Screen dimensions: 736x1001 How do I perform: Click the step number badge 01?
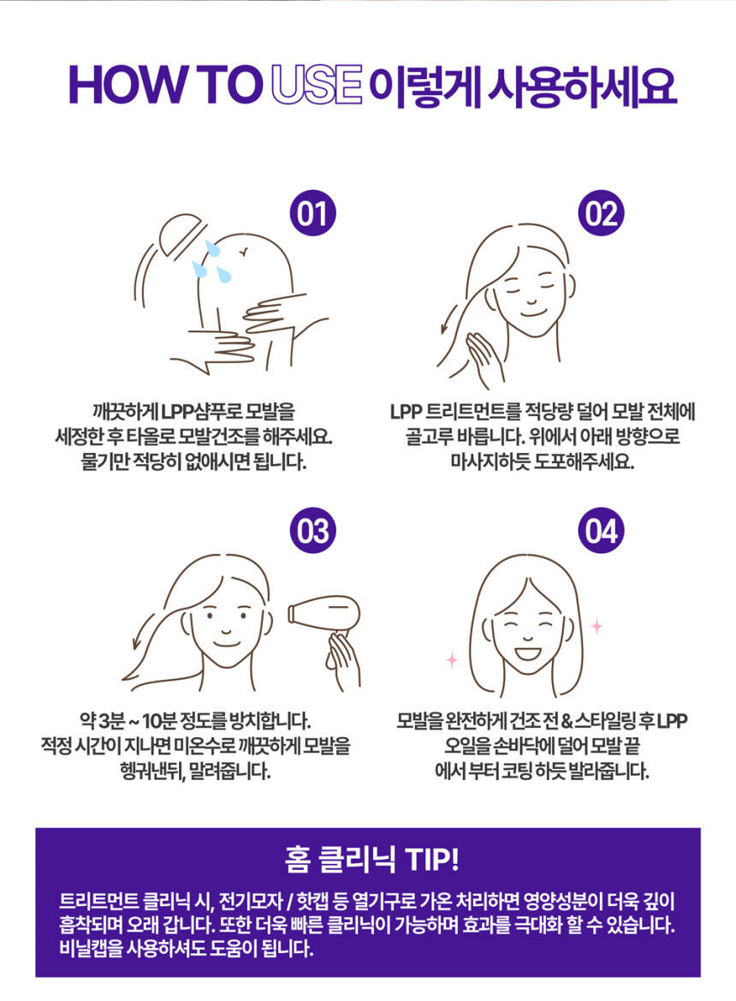coord(312,213)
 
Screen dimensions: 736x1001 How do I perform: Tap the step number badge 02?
coord(602,213)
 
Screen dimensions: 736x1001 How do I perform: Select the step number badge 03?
coord(312,531)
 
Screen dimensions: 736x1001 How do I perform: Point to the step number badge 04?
coord(602,531)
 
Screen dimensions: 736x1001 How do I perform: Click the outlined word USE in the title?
coord(317,85)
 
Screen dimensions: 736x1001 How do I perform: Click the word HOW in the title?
coord(124,85)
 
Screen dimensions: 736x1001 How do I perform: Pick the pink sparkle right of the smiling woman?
coord(597,626)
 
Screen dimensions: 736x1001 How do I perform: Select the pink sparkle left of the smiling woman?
coord(452,659)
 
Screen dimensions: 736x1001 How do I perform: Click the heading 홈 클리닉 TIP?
coord(371,859)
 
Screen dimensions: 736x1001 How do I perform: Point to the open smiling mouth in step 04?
coord(527,654)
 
